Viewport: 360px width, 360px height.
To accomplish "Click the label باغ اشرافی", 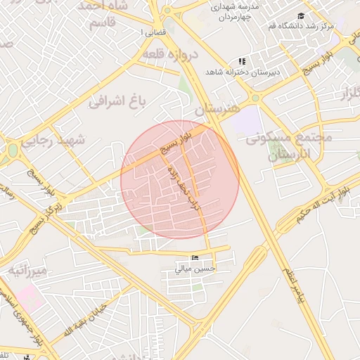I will (x=116, y=103).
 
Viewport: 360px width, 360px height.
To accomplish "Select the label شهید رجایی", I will (x=53, y=140).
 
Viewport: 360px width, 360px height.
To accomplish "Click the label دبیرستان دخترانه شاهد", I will (x=243, y=72).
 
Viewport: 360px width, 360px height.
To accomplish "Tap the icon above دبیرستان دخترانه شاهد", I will (x=243, y=62).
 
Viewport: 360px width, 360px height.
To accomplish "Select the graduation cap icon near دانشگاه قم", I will (x=302, y=15).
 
